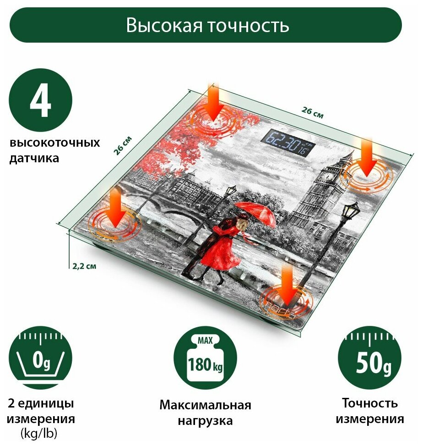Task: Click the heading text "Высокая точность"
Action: tap(207, 26)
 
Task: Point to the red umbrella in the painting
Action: tap(259, 213)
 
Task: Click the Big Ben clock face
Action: tap(328, 175)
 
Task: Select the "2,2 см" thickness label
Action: tap(84, 266)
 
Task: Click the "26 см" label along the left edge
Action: tap(123, 145)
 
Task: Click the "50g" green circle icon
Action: tap(369, 358)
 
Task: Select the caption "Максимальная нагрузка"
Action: tap(205, 413)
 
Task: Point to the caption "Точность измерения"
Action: tap(369, 411)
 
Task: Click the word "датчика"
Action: tap(34, 159)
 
